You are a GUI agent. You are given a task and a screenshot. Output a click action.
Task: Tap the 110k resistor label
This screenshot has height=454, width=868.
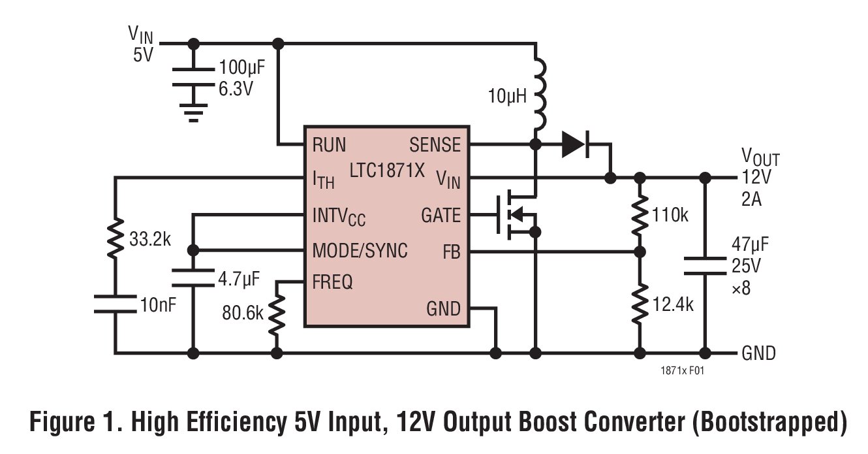pos(669,216)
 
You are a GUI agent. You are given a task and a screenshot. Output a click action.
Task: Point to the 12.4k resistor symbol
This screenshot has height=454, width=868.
pos(640,302)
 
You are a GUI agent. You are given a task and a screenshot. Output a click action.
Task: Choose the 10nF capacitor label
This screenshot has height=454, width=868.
pos(158,305)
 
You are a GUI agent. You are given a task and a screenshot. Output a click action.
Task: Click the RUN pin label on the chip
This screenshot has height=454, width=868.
pos(329,144)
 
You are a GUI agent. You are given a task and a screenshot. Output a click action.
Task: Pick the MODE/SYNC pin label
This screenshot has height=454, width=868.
pos(360,250)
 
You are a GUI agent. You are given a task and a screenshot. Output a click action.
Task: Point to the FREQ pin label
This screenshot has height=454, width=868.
pos(333,282)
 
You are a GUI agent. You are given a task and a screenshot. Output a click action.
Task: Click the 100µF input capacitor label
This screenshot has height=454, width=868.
pos(241,69)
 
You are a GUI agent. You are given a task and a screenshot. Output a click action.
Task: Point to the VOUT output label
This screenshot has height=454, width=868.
pos(760,157)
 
